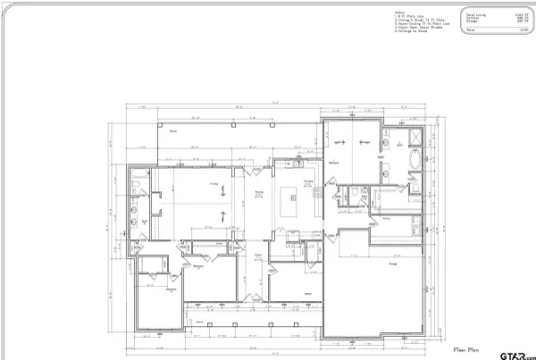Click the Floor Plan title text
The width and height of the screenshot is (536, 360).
point(468,349)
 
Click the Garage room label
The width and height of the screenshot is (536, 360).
point(392,264)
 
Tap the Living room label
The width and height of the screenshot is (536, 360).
point(214,185)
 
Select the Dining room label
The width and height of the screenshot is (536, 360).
point(258,192)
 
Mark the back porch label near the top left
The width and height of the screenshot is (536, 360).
point(172,130)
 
